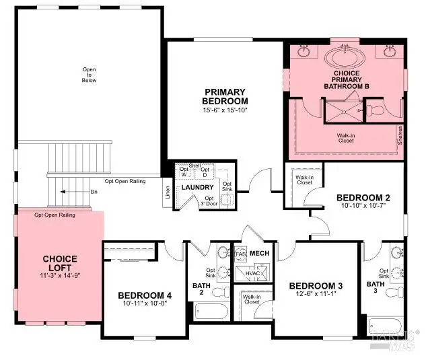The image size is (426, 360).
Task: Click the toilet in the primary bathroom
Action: coord(376,108)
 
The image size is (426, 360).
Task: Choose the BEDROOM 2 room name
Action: coord(363,197)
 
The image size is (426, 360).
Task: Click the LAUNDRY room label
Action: coord(197,187)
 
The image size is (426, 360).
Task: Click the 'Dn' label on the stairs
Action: coord(94,192)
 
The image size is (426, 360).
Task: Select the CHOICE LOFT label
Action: coord(60,263)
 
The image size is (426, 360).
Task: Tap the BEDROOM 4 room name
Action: coord(145,295)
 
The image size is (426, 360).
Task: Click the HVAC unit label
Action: coord(252,274)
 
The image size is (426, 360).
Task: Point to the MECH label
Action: coord(259,252)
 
